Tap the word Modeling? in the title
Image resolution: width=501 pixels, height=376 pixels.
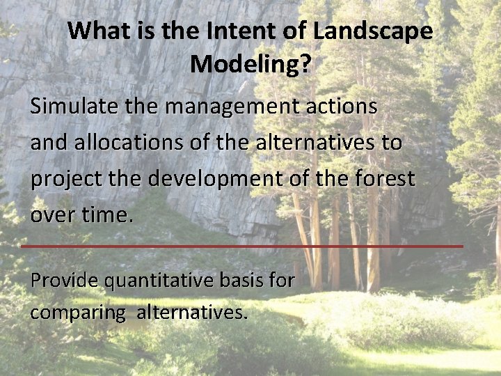coord(250,64)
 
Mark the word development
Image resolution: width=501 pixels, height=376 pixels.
coord(225,179)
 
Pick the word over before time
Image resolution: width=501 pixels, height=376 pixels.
coord(52,214)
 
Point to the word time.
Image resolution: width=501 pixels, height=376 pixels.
coord(106,214)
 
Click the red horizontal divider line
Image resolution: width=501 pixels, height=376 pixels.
coord(241,246)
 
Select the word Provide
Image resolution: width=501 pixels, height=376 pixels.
coord(65,281)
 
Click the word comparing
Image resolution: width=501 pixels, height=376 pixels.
coord(77,313)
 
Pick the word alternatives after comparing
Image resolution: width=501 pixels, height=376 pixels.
coord(192,312)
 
